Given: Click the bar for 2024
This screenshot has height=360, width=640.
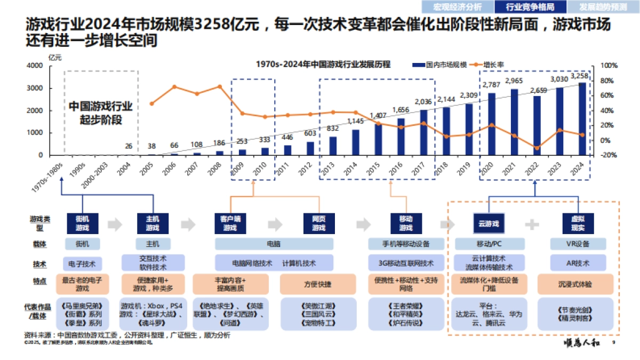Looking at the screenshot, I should [582, 119].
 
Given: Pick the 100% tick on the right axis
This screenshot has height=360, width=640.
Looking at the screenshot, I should [609, 65].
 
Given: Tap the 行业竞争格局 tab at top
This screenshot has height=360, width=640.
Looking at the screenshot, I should [523, 7].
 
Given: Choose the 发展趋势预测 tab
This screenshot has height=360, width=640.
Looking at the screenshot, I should [603, 7].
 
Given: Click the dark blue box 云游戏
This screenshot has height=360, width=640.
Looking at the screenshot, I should [489, 223].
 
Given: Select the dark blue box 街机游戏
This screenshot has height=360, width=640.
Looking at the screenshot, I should [82, 223].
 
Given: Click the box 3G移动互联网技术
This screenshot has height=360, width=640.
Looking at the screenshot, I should [406, 263].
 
